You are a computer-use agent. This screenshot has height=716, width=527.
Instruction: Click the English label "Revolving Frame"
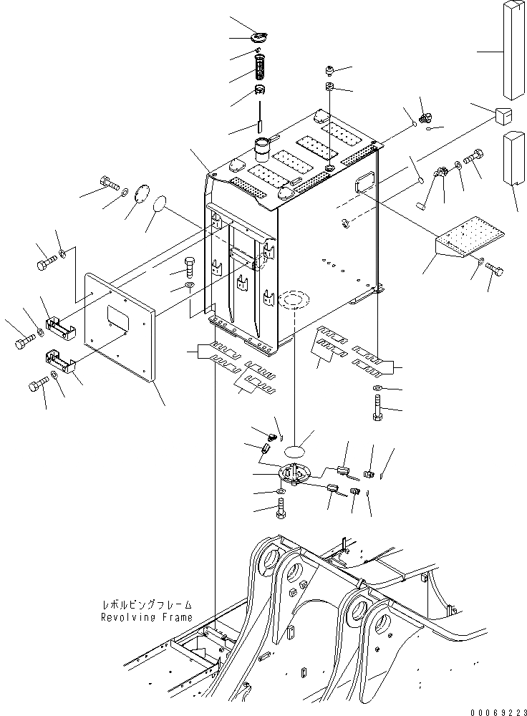(x=146, y=616)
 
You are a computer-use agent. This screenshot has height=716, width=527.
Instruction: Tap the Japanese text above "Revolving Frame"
(x=146, y=605)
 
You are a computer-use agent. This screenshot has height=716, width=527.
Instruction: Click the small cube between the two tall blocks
(x=504, y=115)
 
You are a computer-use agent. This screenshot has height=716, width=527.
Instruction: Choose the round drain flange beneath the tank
(x=294, y=473)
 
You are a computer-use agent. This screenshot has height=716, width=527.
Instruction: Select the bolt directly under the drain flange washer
(x=281, y=511)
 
